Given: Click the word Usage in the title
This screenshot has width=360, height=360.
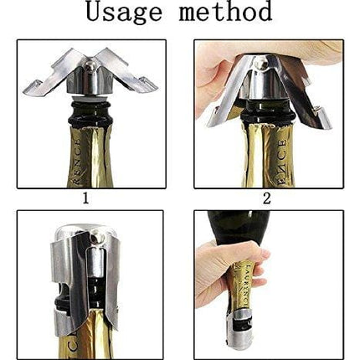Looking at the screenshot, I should [x=126, y=13].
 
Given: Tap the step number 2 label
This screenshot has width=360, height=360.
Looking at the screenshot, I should [x=267, y=198].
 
